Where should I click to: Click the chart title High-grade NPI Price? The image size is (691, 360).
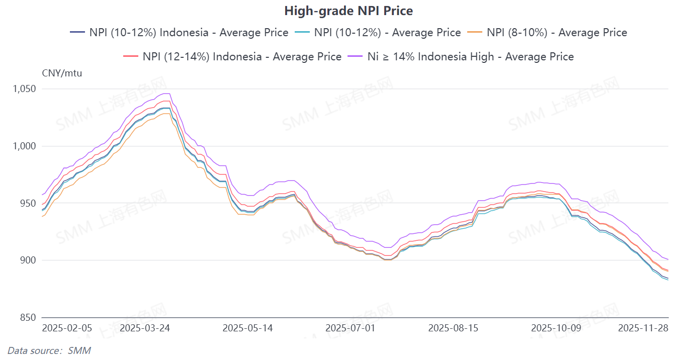pos(348,11)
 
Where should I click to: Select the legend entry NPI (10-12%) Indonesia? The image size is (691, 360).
pos(180,33)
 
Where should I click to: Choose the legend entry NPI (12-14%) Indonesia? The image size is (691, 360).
pos(232,56)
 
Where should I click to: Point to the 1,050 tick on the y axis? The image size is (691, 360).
pos(24,89)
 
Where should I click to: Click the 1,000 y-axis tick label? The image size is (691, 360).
pos(24,146)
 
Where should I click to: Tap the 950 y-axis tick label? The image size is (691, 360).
pos(28,203)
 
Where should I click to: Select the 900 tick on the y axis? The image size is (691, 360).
pos(28,260)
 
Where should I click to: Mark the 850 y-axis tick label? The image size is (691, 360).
pos(28,318)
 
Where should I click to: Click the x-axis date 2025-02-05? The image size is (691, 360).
pos(67,328)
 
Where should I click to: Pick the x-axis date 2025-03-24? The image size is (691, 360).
pos(145,328)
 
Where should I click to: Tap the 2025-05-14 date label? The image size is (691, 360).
pos(247,328)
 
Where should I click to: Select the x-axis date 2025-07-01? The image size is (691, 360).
pos(351,328)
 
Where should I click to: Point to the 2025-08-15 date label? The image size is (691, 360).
pos(453,328)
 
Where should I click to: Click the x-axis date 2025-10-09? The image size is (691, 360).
pos(556,328)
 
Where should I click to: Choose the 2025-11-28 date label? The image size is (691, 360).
pos(643,328)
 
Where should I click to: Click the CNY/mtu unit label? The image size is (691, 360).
pos(62,73)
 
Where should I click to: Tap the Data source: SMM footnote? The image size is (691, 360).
pos(49,350)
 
